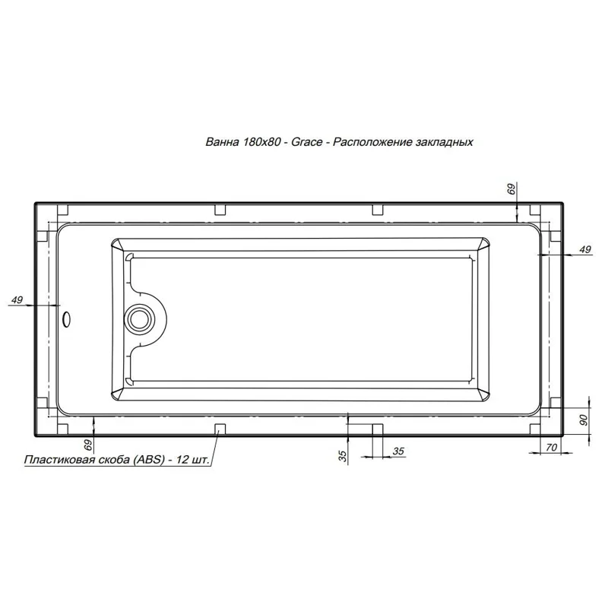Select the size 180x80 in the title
point(263,142)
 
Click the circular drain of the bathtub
point(139,316)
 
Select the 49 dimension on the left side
point(16,301)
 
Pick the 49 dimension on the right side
point(584,249)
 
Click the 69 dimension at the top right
point(511,188)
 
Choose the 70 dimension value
point(551,448)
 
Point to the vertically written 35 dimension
point(343,456)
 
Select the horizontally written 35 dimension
point(398,451)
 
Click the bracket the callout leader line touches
point(220,430)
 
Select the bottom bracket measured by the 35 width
point(377,430)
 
